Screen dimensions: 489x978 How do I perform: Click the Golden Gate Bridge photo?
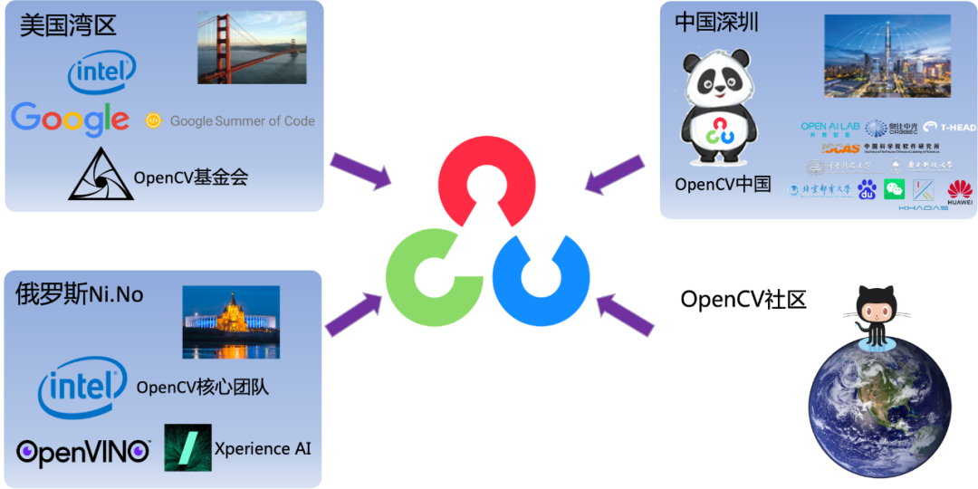[251, 48]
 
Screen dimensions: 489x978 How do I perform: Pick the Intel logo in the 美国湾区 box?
[102, 72]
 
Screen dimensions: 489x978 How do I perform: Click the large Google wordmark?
[71, 119]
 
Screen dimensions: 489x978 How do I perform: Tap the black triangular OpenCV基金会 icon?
[101, 175]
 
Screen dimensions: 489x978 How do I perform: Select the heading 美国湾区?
[68, 24]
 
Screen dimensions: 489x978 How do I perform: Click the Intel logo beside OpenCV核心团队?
[81, 388]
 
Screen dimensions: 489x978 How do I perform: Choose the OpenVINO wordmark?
[82, 451]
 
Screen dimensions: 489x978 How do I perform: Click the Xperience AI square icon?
[187, 447]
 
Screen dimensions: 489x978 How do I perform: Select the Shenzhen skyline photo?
[887, 56]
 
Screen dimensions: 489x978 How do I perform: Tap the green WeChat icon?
[895, 188]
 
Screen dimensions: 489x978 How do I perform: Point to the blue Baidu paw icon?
[868, 189]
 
